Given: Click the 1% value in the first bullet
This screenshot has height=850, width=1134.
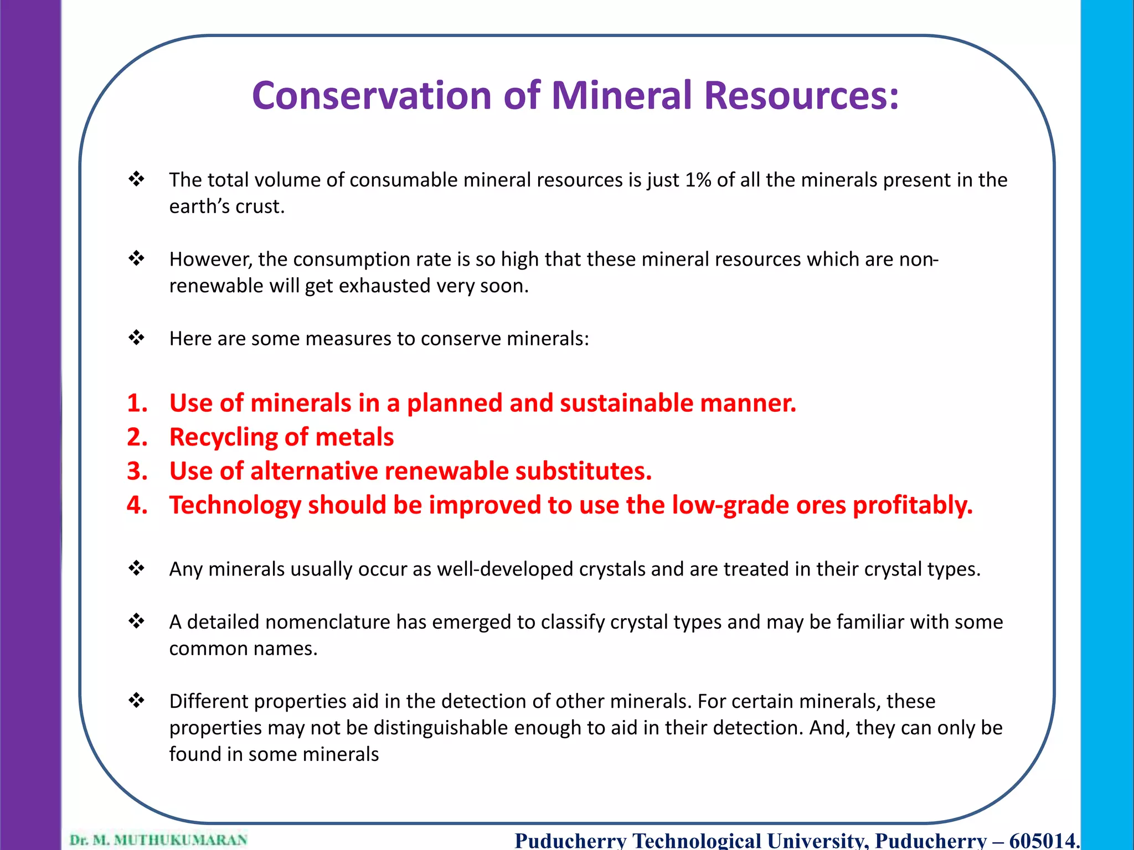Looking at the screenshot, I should pyautogui.click(x=698, y=180).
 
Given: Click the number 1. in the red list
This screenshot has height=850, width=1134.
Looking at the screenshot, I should pyautogui.click(x=137, y=403).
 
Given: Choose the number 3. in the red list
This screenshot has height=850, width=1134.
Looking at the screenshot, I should pyautogui.click(x=137, y=471).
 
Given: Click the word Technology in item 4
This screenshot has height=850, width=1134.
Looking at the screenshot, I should pyautogui.click(x=235, y=505).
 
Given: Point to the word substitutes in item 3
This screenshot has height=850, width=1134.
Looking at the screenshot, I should pyautogui.click(x=583, y=471).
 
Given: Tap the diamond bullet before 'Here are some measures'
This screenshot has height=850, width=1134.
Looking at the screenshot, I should pyautogui.click(x=136, y=337).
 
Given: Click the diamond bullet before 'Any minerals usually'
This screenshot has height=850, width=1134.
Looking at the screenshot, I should pyautogui.click(x=136, y=568).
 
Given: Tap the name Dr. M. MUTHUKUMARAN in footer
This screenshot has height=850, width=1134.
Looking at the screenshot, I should pyautogui.click(x=158, y=839).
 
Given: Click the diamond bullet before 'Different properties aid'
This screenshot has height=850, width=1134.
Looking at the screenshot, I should pyautogui.click(x=136, y=700).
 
